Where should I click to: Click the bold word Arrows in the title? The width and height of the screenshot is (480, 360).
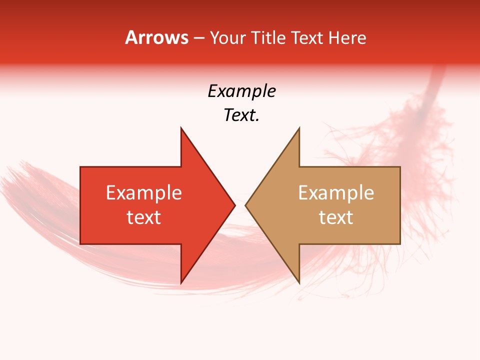pos(157,38)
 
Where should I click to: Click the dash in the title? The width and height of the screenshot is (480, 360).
pos(199,38)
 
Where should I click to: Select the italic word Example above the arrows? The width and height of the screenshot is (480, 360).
pos(241,91)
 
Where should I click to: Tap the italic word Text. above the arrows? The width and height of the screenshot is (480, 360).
pos(241,115)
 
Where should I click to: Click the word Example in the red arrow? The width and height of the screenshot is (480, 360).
pos(143,193)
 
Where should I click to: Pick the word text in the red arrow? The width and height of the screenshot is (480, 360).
pos(143,217)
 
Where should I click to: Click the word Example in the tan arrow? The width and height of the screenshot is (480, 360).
pos(336,193)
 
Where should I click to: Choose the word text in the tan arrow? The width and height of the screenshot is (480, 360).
pos(336,217)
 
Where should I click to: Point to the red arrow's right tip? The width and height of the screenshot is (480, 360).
pos(234,205)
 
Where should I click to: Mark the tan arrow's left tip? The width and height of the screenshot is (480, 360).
pos(245,205)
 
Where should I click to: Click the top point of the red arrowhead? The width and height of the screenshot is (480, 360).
pos(181,128)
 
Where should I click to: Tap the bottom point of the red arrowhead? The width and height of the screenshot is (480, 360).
pos(181,283)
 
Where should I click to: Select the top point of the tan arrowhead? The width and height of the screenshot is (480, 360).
pos(299,128)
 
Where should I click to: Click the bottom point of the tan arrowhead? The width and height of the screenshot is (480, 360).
pos(299,283)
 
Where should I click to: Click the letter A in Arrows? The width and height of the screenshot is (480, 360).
pos(130,38)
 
